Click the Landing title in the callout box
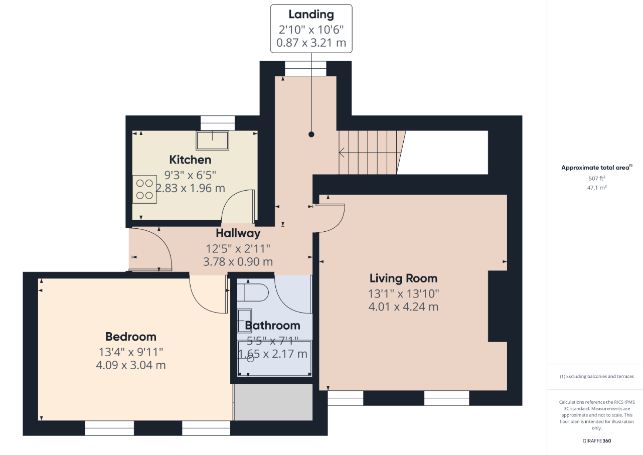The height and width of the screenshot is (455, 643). [x=311, y=15]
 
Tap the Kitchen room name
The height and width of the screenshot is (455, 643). [x=190, y=160]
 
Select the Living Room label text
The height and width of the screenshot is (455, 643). [x=403, y=278]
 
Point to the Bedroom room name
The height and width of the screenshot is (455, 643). [x=131, y=337]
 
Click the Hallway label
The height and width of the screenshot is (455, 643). [x=238, y=233]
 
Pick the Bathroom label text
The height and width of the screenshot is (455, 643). [x=273, y=326]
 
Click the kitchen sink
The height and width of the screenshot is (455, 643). [x=213, y=140]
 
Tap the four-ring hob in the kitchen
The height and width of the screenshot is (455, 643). [x=144, y=189]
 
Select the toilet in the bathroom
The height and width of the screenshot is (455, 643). [x=253, y=292]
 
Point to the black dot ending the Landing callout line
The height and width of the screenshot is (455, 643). [x=311, y=134]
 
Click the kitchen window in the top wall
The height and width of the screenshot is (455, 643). [x=218, y=123]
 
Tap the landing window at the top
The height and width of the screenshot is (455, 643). [x=305, y=69]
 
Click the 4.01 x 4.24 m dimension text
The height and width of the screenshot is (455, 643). [x=403, y=307]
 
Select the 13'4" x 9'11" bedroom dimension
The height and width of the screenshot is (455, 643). [x=131, y=352]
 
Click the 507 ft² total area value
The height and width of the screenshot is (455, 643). [x=597, y=178]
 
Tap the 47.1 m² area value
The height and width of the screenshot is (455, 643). [x=597, y=188]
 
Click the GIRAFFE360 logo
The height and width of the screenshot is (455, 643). [x=597, y=440]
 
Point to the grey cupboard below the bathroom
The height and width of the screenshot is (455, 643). [x=273, y=402]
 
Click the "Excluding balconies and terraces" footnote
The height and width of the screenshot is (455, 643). [x=597, y=376]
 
